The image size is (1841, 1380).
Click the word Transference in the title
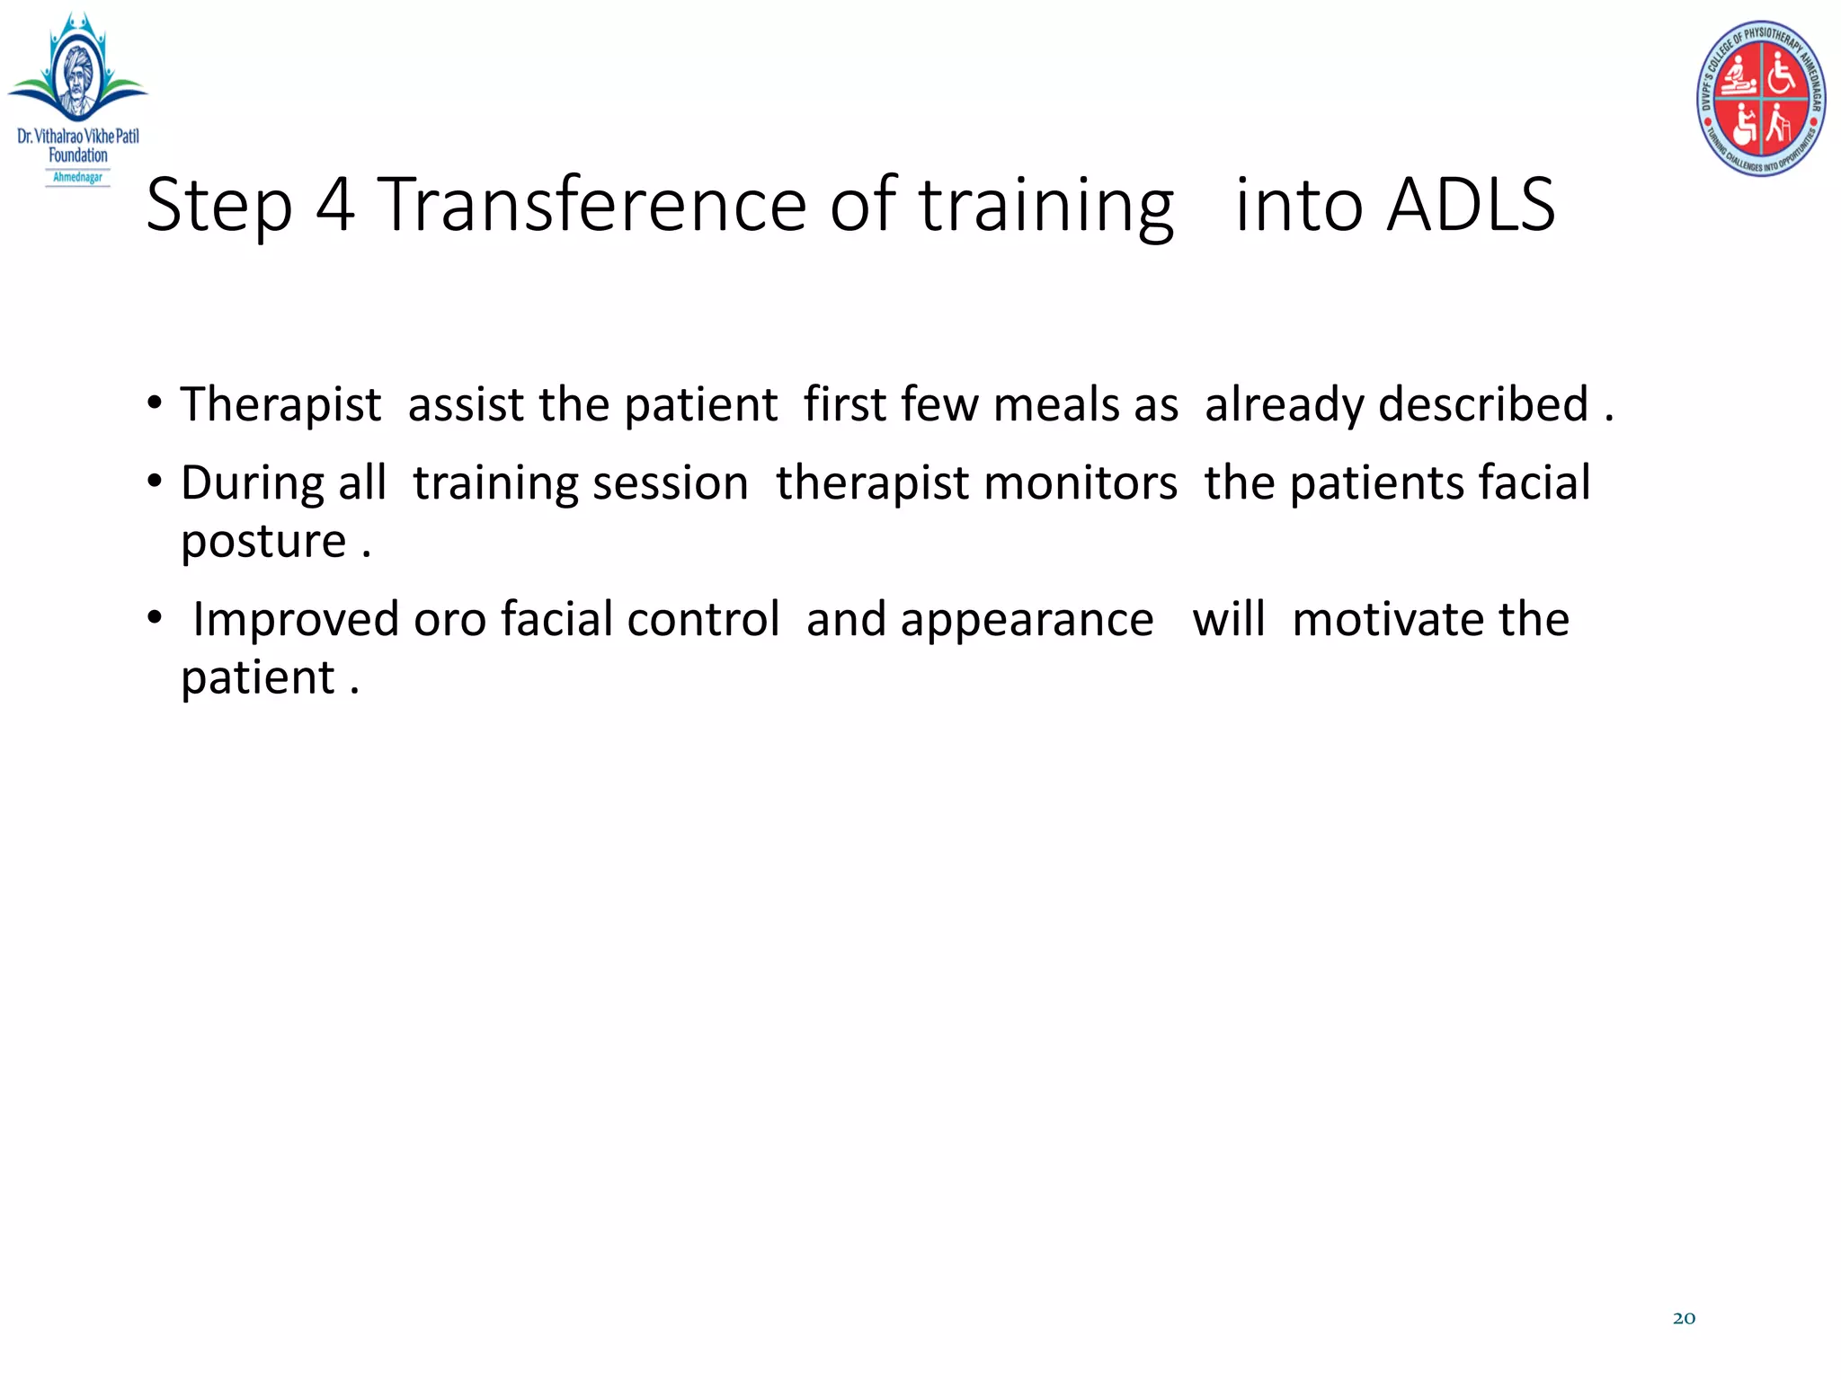click(592, 205)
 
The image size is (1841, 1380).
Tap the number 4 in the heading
click(334, 205)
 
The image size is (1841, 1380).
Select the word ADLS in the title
click(1471, 205)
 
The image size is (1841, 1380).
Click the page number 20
click(1684, 1318)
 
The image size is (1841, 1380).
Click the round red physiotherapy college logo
click(1760, 98)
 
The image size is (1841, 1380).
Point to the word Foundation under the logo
click(78, 155)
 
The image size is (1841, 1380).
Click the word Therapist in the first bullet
click(280, 404)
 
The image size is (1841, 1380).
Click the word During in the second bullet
click(253, 483)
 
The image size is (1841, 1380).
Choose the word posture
click(263, 541)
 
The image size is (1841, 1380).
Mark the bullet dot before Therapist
click(156, 403)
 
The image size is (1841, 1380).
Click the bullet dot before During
click(156, 482)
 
